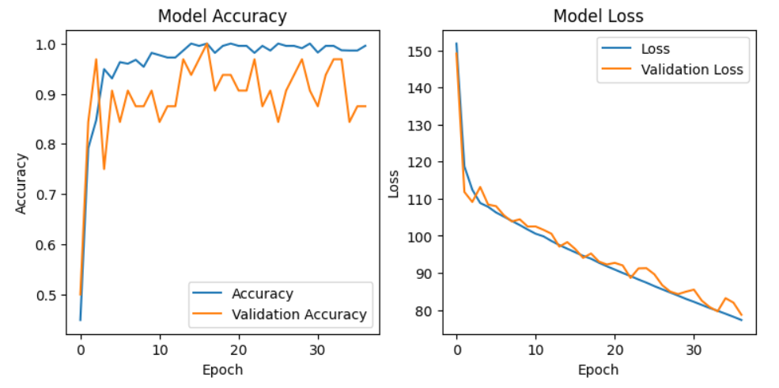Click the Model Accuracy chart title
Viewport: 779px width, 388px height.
(222, 16)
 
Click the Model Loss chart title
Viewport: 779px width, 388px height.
(598, 16)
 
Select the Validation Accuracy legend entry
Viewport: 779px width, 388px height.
(299, 315)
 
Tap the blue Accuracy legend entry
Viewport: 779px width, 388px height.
(262, 294)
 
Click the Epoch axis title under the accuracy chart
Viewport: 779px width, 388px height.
(222, 370)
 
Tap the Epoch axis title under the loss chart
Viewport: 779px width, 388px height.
(598, 370)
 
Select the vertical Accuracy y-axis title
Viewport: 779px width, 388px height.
(21, 183)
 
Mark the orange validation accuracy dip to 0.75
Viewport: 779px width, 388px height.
(104, 169)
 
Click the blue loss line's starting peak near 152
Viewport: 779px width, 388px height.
(456, 43)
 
